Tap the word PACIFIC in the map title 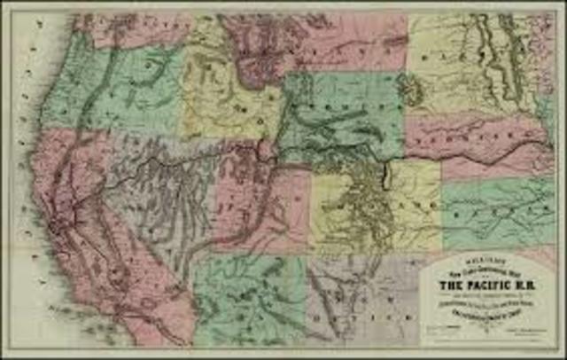click(474, 286)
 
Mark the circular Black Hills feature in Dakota click(411, 89)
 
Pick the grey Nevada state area click(155, 195)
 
